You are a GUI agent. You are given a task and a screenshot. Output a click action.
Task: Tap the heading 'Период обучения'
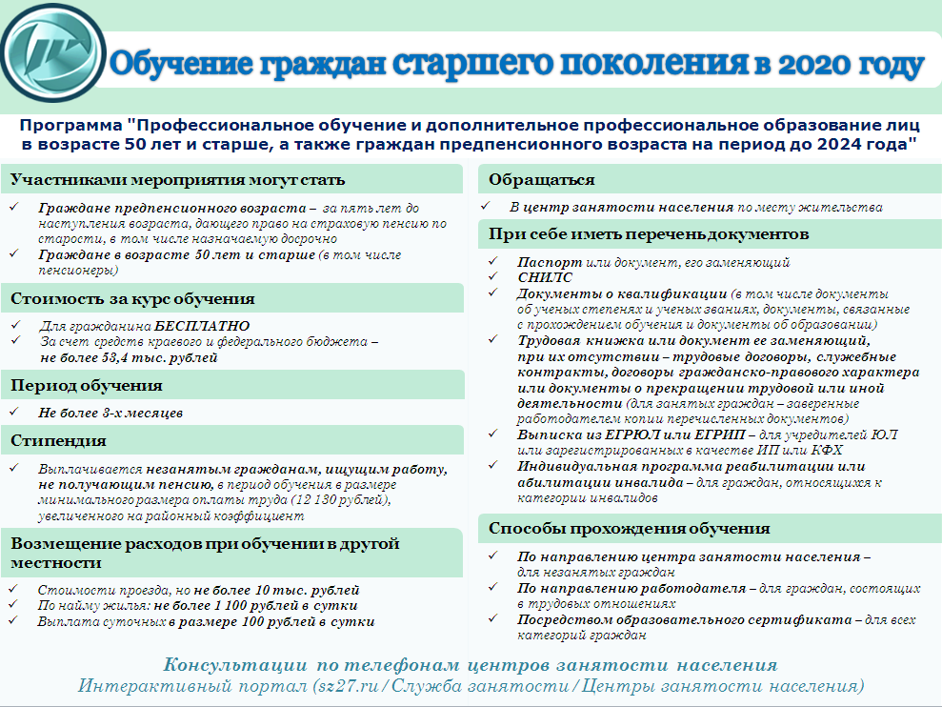pos(87,386)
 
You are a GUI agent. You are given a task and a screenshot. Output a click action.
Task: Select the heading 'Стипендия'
pos(58,441)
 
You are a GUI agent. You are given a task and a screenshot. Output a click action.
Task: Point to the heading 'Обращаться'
pos(542,179)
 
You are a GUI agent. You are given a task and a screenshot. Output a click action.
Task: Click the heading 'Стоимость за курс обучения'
pos(132,298)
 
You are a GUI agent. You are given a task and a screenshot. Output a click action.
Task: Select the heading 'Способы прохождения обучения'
pos(629,528)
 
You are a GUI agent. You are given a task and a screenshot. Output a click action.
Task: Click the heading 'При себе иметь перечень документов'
pos(649,233)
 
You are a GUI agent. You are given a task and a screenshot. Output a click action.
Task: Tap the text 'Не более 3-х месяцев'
pos(110,414)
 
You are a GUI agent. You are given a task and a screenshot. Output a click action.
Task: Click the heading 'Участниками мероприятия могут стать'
pos(178,179)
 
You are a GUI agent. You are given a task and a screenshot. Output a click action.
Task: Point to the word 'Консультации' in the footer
pos(231,665)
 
